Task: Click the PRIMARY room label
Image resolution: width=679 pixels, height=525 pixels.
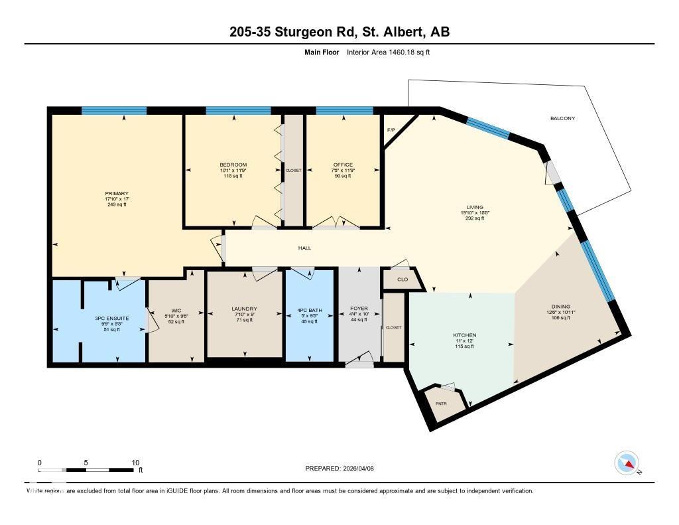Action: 116,193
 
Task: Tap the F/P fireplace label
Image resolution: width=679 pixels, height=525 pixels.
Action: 391,129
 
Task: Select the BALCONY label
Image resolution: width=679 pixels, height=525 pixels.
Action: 562,119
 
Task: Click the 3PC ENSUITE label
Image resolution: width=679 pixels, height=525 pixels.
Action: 111,319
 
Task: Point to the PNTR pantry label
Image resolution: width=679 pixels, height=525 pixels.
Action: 441,404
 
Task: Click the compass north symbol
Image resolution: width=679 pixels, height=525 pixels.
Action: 627,463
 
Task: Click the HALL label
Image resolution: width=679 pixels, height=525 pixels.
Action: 304,248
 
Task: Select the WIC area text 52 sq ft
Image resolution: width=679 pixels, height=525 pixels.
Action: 176,322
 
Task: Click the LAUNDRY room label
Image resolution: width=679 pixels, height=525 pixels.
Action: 244,309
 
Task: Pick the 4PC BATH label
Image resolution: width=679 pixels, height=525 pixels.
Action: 309,309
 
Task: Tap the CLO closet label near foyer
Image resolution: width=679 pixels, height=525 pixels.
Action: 402,279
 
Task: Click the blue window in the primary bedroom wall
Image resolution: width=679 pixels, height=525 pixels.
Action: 114,111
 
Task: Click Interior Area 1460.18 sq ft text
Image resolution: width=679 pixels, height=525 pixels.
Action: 388,52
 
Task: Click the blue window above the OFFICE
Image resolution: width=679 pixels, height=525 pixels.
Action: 344,111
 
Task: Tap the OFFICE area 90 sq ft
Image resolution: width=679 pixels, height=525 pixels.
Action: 343,176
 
